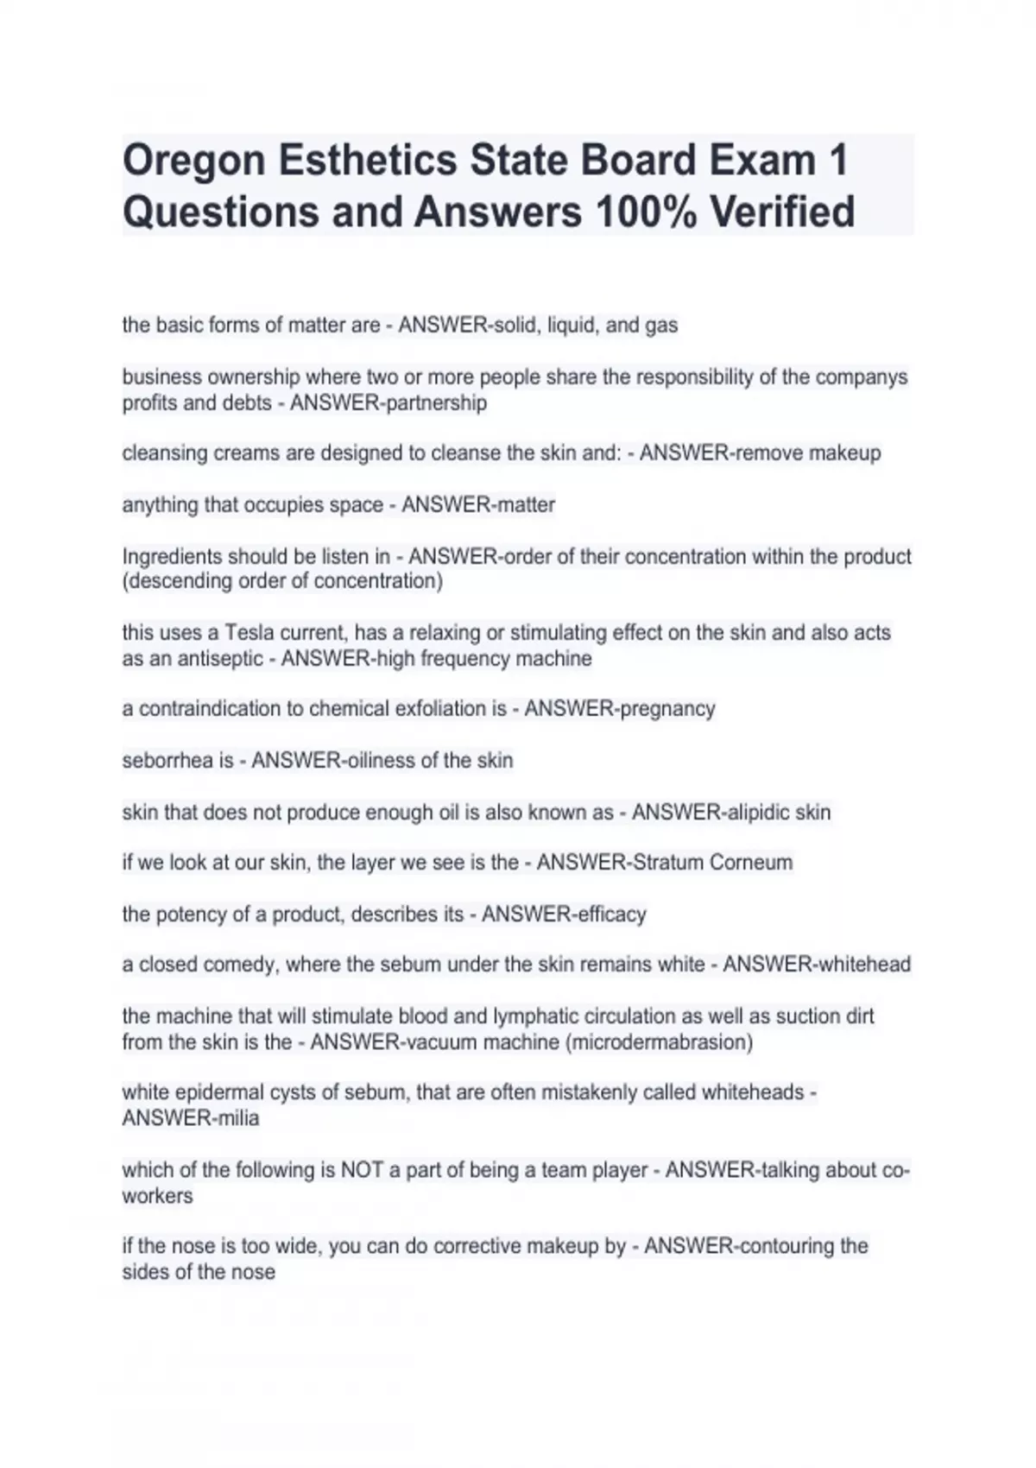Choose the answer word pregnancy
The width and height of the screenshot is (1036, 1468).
[667, 709]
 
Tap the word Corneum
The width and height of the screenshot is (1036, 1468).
[750, 863]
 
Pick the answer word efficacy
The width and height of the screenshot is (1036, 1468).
[608, 914]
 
